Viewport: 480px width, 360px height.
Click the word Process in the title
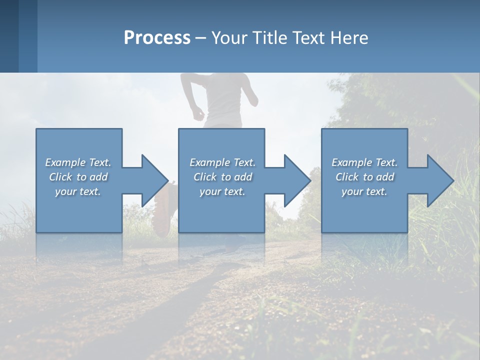tap(157, 37)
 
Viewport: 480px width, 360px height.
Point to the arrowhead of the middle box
tap(296, 180)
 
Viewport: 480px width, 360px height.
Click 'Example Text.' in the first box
tap(78, 162)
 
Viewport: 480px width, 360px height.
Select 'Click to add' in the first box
tap(78, 177)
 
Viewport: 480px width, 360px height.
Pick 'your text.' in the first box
tap(78, 191)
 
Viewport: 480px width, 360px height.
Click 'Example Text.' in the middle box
tap(222, 162)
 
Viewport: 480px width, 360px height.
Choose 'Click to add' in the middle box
tap(222, 177)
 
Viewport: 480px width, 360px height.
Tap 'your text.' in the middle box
tap(222, 191)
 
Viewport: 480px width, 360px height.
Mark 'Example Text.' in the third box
tap(364, 162)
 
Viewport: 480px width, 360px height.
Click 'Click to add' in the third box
tap(364, 177)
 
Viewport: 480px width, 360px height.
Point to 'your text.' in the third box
tap(364, 191)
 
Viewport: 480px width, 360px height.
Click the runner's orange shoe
tap(163, 212)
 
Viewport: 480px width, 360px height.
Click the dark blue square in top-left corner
tap(9, 36)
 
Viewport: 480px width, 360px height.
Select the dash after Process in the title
tap(201, 38)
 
